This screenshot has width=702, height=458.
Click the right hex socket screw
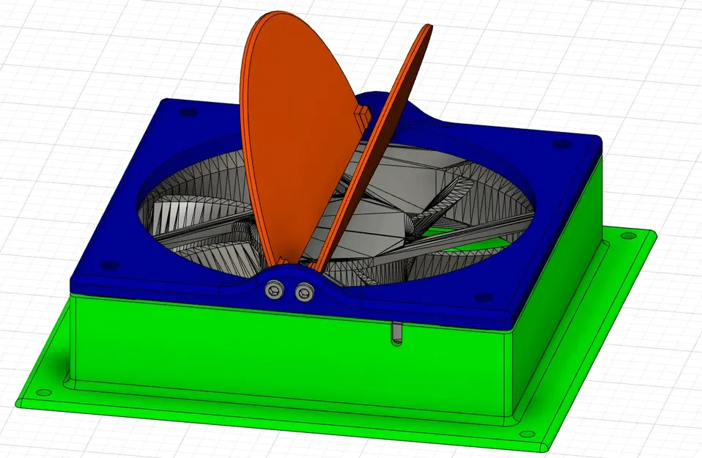303,292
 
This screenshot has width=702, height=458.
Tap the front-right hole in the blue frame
481,298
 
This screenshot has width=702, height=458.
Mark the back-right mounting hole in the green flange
627,236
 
